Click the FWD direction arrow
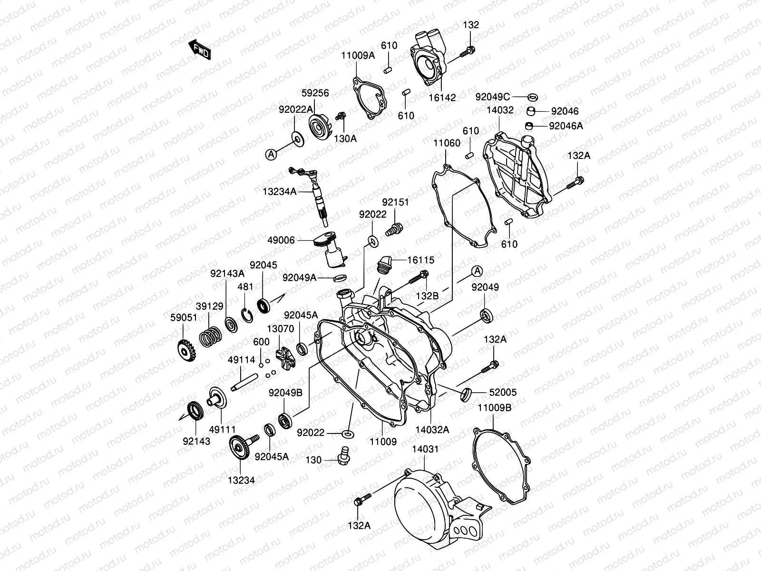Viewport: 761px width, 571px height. click(x=200, y=49)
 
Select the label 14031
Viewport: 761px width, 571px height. click(x=425, y=449)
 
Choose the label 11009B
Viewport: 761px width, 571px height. click(x=495, y=407)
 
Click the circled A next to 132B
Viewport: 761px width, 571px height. click(x=477, y=271)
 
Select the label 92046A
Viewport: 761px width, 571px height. click(x=566, y=126)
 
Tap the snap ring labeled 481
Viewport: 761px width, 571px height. click(x=246, y=315)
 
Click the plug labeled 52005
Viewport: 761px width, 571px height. click(x=465, y=394)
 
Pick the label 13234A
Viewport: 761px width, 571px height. click(x=279, y=191)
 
